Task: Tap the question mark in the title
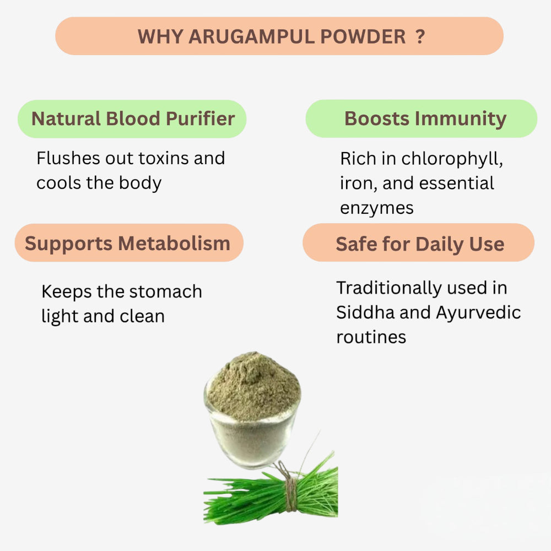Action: click(x=420, y=36)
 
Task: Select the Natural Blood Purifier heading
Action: click(x=133, y=118)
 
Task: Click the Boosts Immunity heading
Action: click(x=425, y=118)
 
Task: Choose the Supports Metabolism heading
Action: click(x=127, y=243)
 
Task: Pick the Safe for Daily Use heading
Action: click(x=420, y=244)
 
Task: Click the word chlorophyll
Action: click(x=452, y=159)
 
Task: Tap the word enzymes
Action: click(x=376, y=208)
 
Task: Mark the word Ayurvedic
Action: click(x=478, y=312)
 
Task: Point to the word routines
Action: click(x=371, y=337)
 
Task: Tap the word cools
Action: click(x=59, y=183)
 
